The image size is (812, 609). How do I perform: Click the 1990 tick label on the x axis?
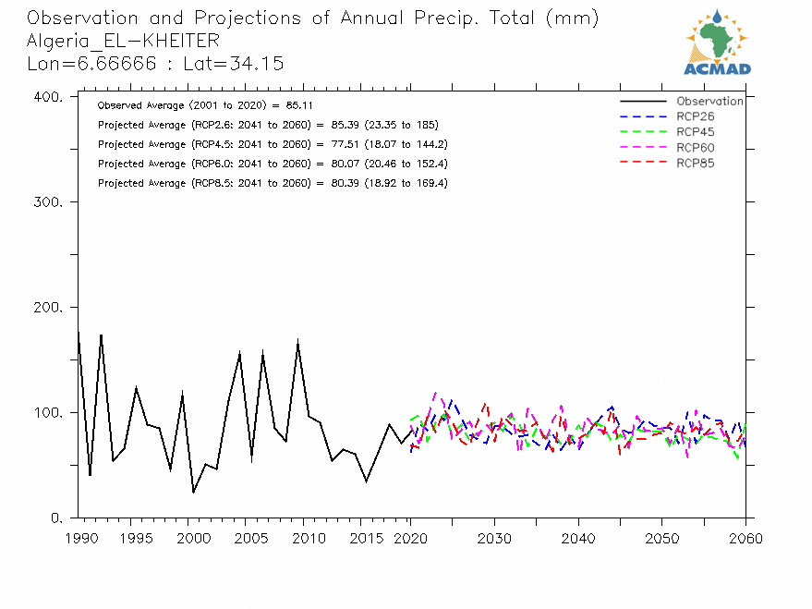click(x=79, y=538)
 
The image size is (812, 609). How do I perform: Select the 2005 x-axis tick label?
click(x=245, y=538)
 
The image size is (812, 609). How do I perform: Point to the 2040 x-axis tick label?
click(x=578, y=538)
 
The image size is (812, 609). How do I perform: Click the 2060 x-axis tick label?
click(x=745, y=538)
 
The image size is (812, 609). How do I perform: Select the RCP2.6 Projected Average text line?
click(x=267, y=125)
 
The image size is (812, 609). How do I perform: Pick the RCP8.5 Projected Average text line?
click(x=272, y=183)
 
